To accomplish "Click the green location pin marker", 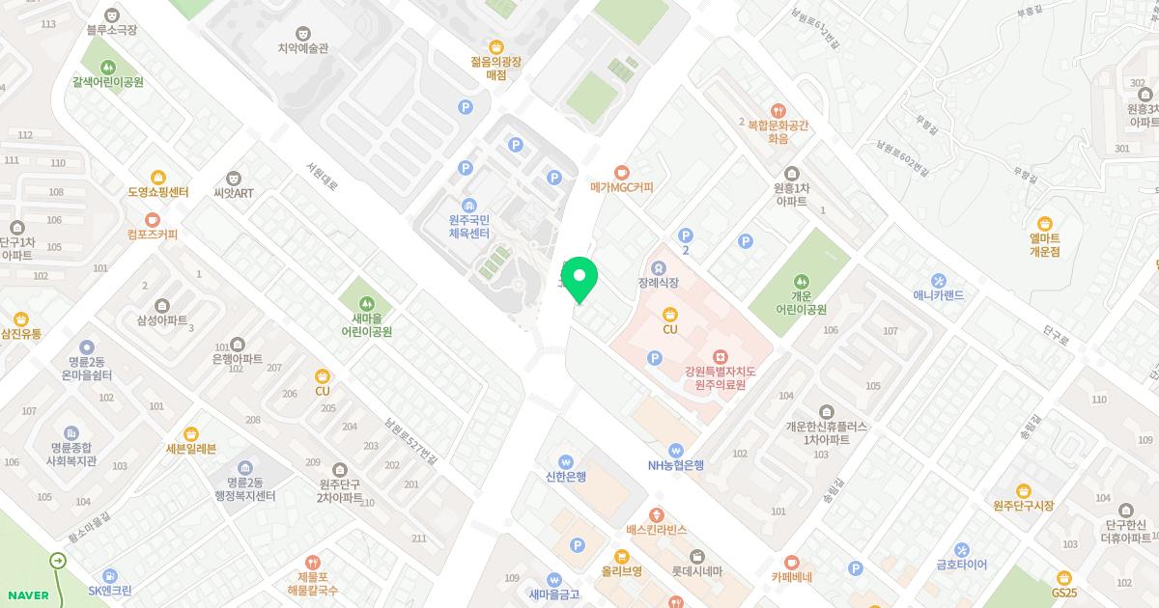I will [579, 278].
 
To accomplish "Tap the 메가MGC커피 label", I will [622, 187].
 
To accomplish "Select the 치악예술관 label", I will [303, 47].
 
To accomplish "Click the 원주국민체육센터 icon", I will [469, 205].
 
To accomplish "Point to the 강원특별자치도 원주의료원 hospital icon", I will [720, 358].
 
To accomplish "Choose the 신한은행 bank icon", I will [566, 461].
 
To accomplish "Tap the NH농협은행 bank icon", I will [676, 450].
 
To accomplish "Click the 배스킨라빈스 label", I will [656, 530].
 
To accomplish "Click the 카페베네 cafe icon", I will [791, 562].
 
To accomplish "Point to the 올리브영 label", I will [622, 570].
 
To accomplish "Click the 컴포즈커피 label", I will [153, 235].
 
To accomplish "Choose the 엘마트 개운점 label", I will [1044, 244].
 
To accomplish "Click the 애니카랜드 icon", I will [938, 280].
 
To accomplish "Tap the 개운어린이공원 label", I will [801, 303].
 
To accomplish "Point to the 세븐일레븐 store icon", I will [191, 434].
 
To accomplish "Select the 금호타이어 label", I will [961, 566].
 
